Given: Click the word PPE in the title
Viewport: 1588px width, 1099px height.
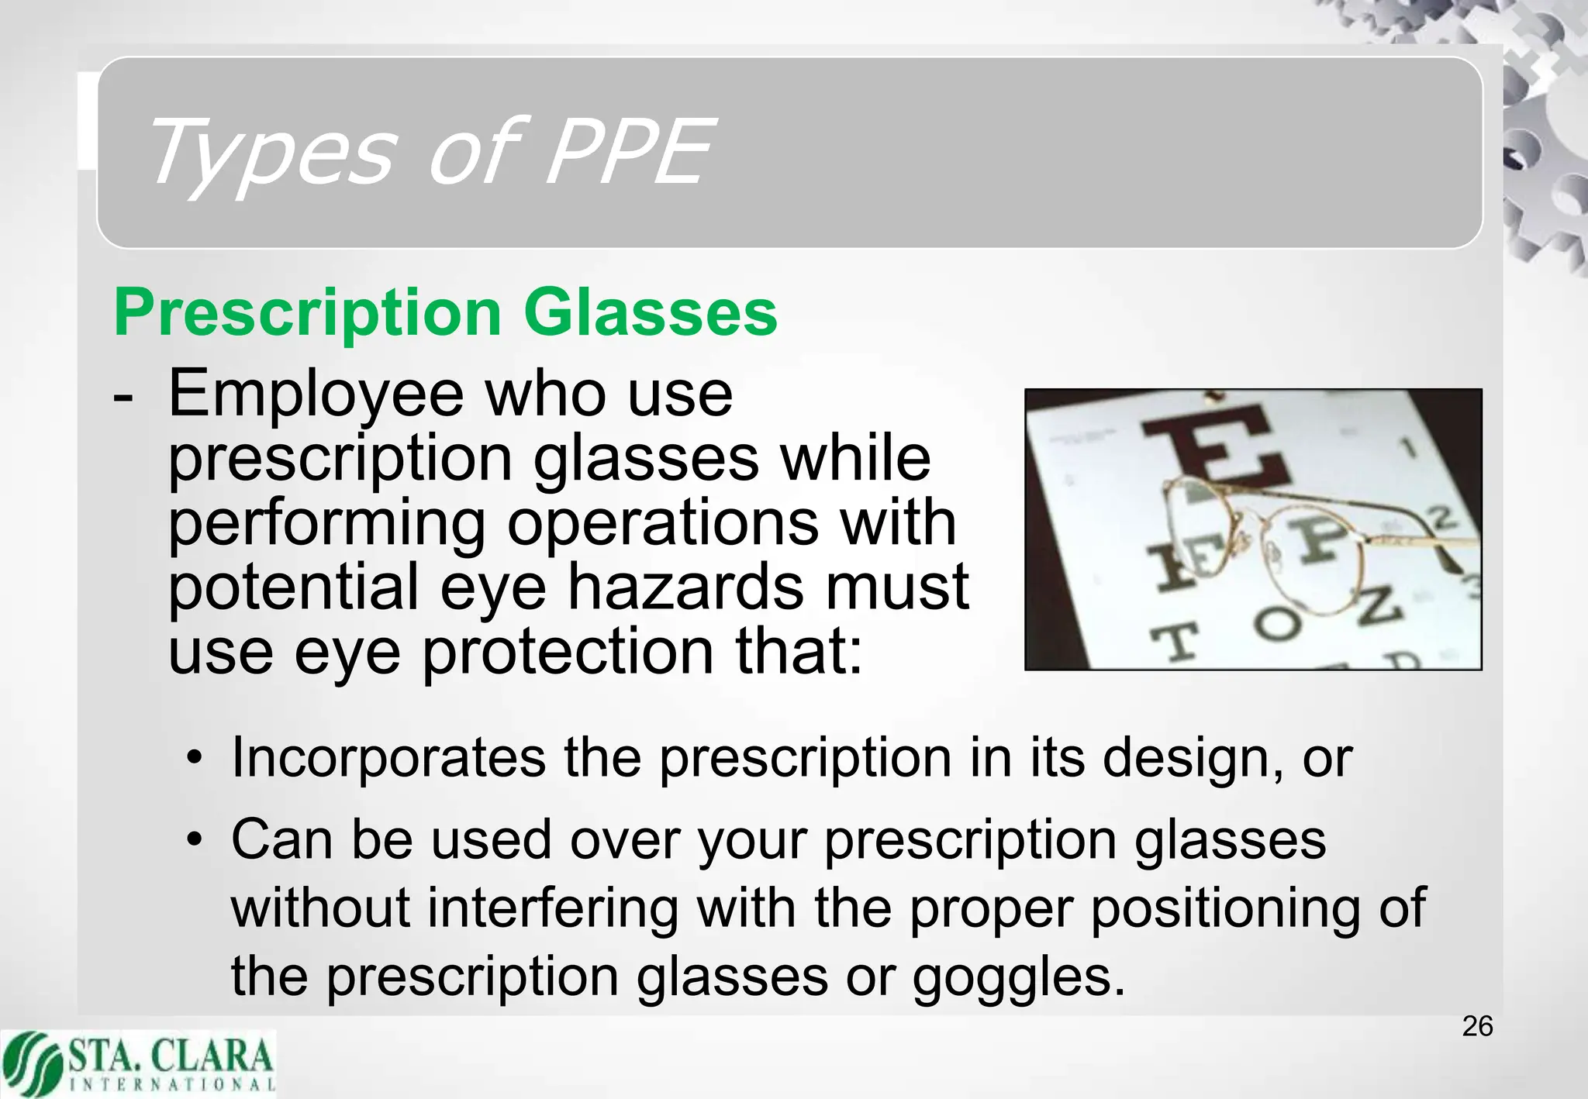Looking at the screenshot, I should pyautogui.click(x=628, y=152).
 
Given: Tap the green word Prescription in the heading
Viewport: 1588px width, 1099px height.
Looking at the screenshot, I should pyautogui.click(x=308, y=314).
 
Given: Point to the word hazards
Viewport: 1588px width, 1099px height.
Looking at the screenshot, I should pyautogui.click(x=685, y=587).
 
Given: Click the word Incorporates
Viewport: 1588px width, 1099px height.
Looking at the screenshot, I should pyautogui.click(x=388, y=757).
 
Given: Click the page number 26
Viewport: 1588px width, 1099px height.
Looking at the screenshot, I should pyautogui.click(x=1477, y=1026).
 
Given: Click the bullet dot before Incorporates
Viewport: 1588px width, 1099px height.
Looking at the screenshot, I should pyautogui.click(x=195, y=758).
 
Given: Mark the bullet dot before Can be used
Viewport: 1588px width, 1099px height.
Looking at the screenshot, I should pyautogui.click(x=195, y=839).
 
